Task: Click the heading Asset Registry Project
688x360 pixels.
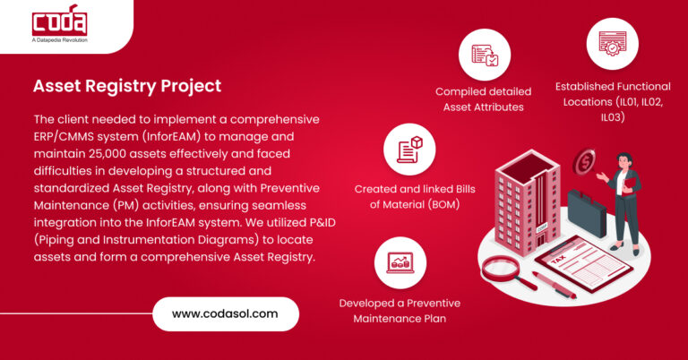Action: click(x=126, y=86)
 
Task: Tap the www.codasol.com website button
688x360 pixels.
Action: click(x=225, y=313)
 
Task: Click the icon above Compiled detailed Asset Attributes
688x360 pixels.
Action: click(x=484, y=55)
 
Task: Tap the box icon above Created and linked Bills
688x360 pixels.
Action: click(x=408, y=148)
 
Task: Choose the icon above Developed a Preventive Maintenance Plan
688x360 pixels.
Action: click(x=400, y=262)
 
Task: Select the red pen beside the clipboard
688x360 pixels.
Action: click(x=554, y=285)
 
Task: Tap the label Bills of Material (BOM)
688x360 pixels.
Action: click(x=408, y=204)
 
